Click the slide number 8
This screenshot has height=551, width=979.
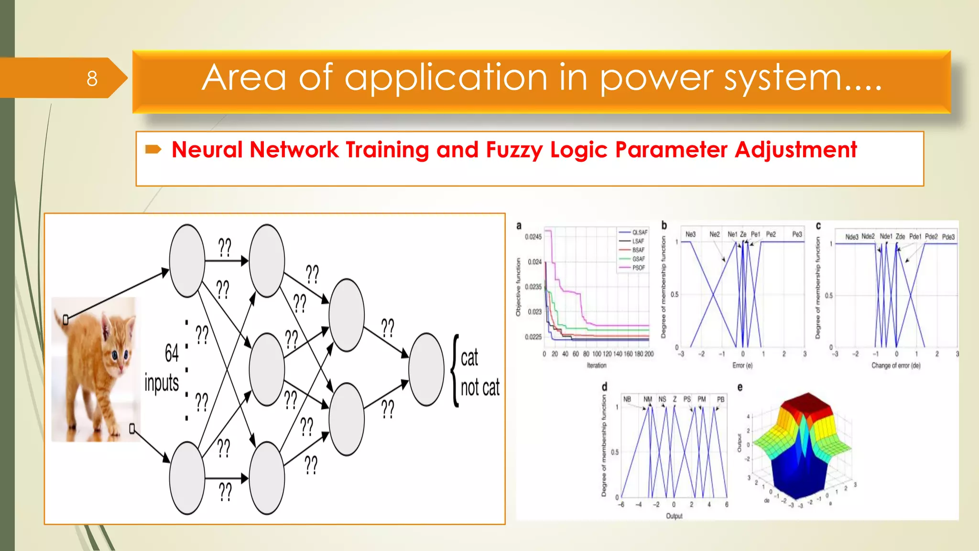[92, 78]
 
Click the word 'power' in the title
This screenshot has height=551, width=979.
[657, 78]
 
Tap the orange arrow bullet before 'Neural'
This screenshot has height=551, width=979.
[153, 150]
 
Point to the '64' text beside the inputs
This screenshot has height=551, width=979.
[172, 353]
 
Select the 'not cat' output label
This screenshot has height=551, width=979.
[480, 387]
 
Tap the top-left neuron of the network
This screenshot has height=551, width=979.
[187, 261]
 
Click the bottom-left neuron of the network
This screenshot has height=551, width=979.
[187, 477]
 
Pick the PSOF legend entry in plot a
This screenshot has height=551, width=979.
[639, 268]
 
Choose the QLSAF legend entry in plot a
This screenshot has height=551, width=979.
[640, 232]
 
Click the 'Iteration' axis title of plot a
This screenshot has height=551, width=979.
[597, 365]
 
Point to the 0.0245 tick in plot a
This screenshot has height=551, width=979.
[533, 237]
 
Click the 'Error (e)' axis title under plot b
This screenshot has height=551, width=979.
[742, 365]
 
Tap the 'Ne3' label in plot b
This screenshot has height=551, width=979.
[690, 234]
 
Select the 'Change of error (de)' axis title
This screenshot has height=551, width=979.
[896, 365]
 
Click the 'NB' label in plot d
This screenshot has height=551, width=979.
[627, 399]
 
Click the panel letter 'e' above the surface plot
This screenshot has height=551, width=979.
[740, 387]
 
